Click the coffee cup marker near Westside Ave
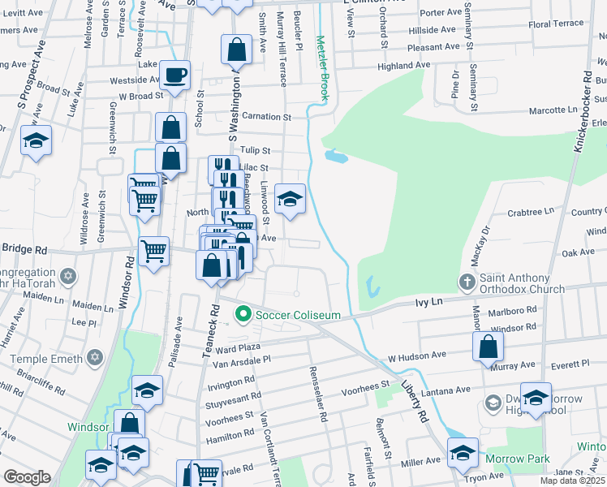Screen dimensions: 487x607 [x=174, y=76]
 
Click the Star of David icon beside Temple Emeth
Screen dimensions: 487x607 [x=95, y=358]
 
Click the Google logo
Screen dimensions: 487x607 [x=26, y=476]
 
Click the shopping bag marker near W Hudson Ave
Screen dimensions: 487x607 [x=487, y=346]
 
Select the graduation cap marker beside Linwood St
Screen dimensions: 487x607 [x=289, y=198]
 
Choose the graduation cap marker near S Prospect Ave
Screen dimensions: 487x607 [x=36, y=140]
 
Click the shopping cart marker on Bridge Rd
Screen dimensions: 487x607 [x=153, y=250]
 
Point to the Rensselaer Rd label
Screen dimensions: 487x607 [x=317, y=393]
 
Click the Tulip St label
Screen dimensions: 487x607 [x=254, y=150]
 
